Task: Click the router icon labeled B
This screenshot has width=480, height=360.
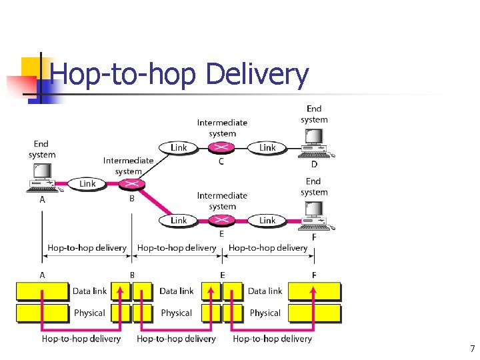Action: coord(133,183)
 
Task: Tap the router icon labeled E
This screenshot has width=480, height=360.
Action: coord(222,220)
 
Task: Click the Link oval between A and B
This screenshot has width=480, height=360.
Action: coord(87,183)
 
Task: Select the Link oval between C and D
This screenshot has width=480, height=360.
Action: coord(267,147)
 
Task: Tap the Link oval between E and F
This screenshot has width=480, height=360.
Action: coord(267,220)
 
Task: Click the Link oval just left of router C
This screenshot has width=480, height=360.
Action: coord(179,147)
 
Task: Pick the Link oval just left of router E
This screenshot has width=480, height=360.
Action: coord(179,220)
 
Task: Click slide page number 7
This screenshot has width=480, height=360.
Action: coord(472,349)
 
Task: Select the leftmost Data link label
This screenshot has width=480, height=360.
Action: coord(89,291)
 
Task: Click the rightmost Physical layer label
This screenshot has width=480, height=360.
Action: coord(265,313)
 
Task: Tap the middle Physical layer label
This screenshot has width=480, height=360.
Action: coord(176,313)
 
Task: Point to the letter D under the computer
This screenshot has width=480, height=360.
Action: coord(314,164)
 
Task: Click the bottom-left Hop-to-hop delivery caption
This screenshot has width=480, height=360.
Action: coord(81,339)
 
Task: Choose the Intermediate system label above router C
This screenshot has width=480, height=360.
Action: coord(222,128)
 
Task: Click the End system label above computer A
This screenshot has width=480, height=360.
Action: coord(42,149)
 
